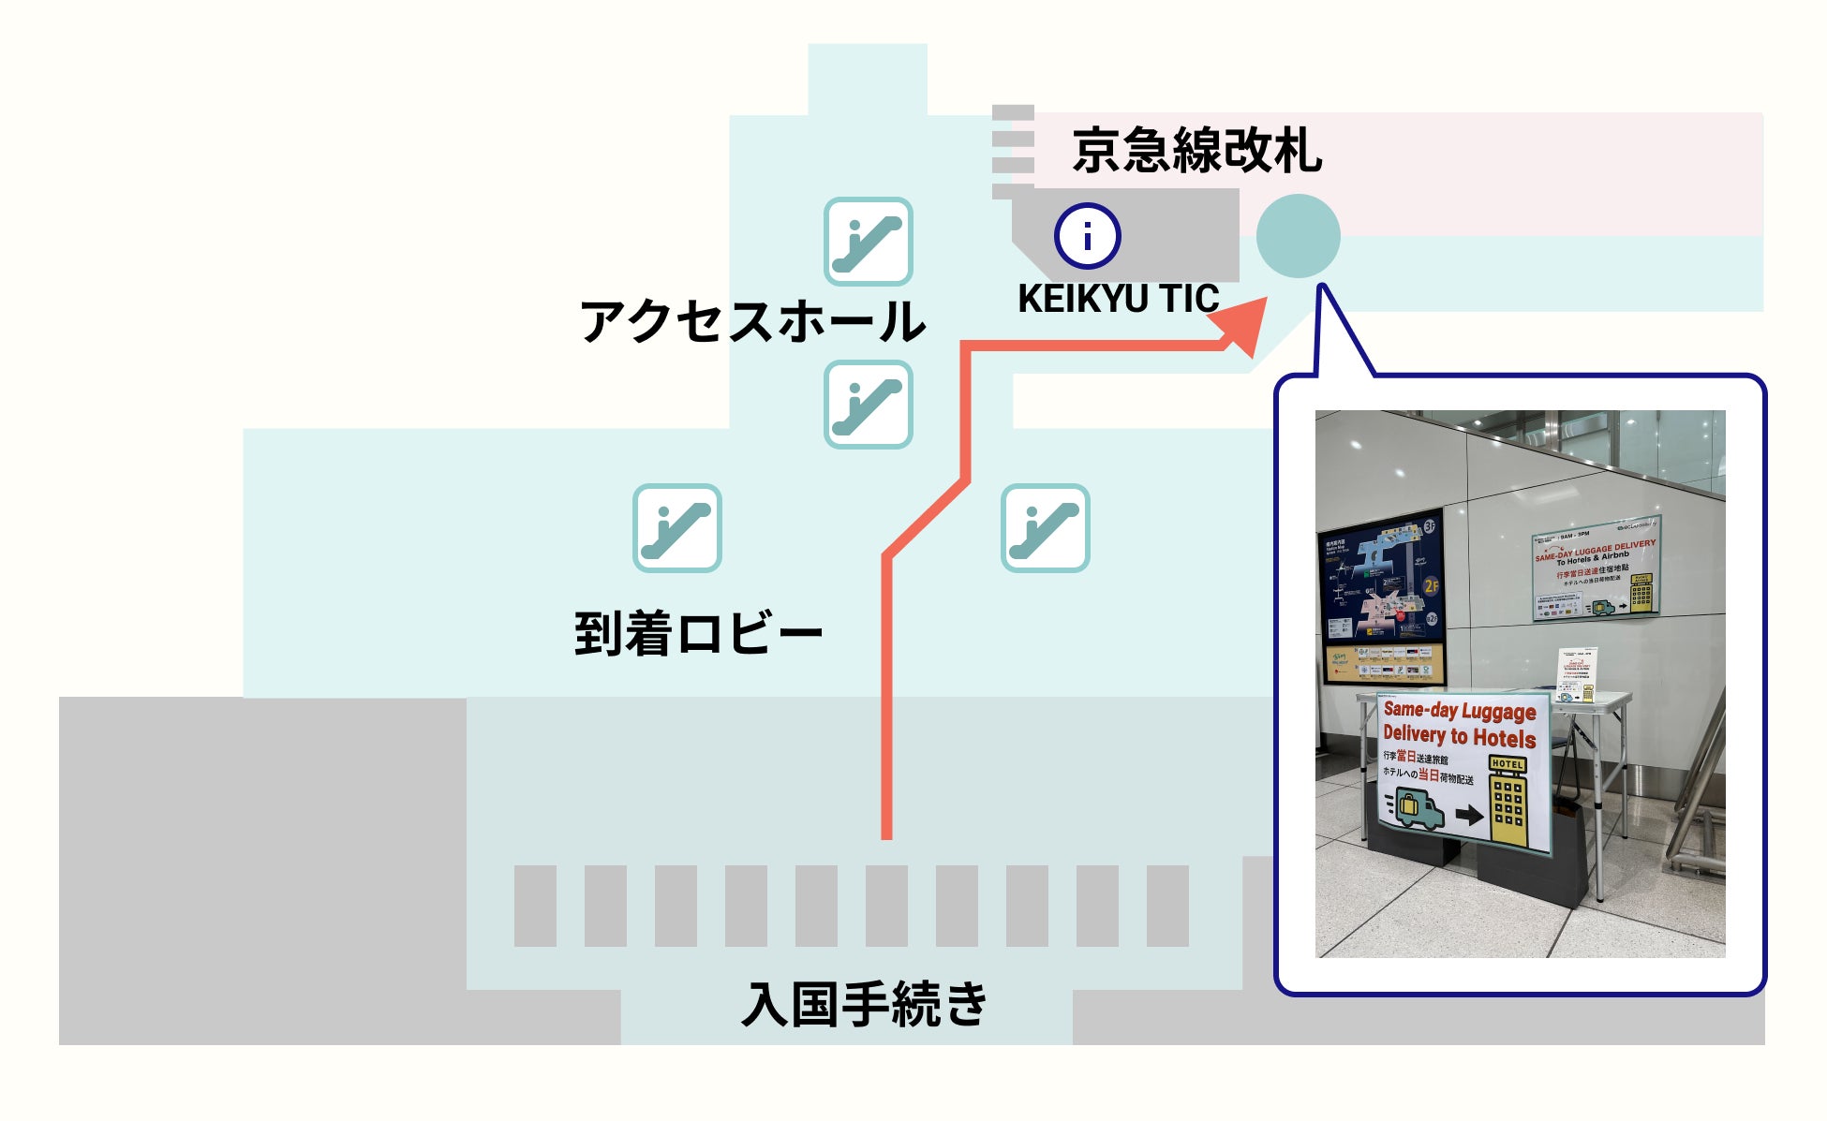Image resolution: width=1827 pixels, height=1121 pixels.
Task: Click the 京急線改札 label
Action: click(x=1196, y=151)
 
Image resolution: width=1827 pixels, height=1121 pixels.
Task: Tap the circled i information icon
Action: click(x=1087, y=236)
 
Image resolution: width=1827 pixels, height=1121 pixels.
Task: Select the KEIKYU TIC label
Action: click(x=1118, y=299)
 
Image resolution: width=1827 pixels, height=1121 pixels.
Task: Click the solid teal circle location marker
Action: click(x=1298, y=236)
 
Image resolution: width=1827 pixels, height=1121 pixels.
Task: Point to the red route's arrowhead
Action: click(x=1240, y=325)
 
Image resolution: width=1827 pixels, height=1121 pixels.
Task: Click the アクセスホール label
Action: click(x=752, y=321)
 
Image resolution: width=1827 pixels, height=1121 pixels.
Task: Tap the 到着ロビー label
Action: click(x=698, y=634)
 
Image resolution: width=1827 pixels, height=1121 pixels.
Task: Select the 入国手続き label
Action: click(x=864, y=1004)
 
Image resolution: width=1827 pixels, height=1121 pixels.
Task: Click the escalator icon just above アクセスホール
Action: click(x=868, y=242)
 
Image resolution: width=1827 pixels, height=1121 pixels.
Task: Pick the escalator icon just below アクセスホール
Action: click(x=868, y=405)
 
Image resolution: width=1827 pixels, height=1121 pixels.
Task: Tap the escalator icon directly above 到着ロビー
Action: click(x=676, y=528)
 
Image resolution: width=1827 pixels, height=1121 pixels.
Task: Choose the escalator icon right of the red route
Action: click(x=1045, y=528)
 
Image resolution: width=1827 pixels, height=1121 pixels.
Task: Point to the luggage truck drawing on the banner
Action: click(x=1417, y=807)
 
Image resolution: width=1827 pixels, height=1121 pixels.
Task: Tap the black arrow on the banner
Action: click(x=1468, y=815)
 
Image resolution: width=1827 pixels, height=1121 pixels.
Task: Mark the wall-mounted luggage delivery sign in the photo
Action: click(x=1596, y=568)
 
